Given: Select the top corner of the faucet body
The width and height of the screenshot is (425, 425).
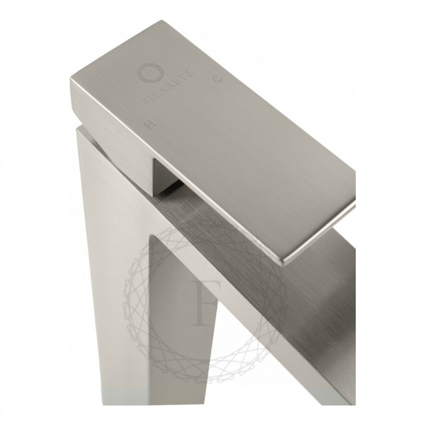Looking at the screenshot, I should tap(78, 128).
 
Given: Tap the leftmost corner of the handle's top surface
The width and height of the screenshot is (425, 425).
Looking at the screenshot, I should tap(71, 78).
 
